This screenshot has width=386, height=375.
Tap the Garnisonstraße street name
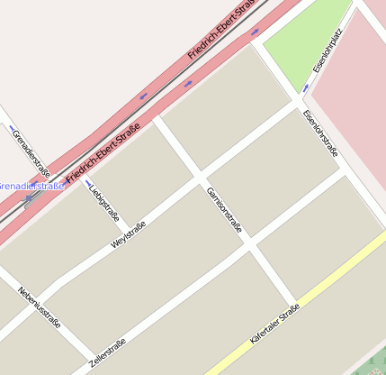pyautogui.click(x=224, y=210)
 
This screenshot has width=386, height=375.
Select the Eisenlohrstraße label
pyautogui.click(x=321, y=133)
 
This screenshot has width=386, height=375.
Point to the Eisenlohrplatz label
pyautogui.click(x=328, y=51)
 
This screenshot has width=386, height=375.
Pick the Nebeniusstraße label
pyautogui.click(x=40, y=306)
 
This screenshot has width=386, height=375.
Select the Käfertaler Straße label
pyautogui.click(x=274, y=326)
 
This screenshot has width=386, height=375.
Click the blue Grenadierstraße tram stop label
pyautogui.click(x=31, y=187)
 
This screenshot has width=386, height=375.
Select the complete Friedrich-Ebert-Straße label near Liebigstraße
pyautogui.click(x=103, y=150)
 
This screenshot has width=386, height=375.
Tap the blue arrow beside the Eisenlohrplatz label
pyautogui.click(x=306, y=88)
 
